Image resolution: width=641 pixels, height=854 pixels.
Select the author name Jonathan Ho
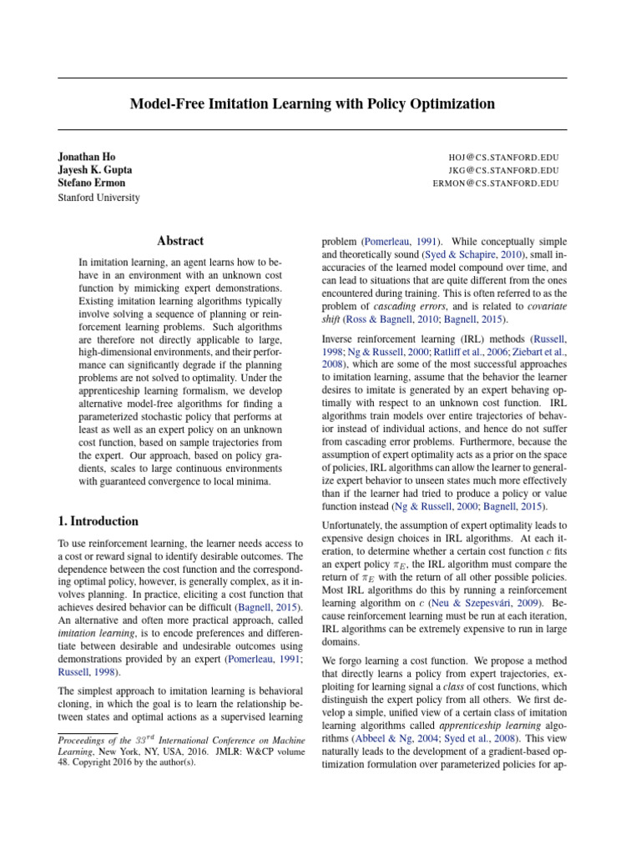click(x=88, y=157)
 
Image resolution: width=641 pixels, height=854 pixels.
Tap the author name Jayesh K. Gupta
click(x=94, y=170)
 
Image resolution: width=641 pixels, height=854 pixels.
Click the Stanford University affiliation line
click(x=98, y=198)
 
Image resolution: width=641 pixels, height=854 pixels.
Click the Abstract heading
click(x=180, y=240)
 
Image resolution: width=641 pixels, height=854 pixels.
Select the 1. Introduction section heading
click(x=98, y=521)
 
